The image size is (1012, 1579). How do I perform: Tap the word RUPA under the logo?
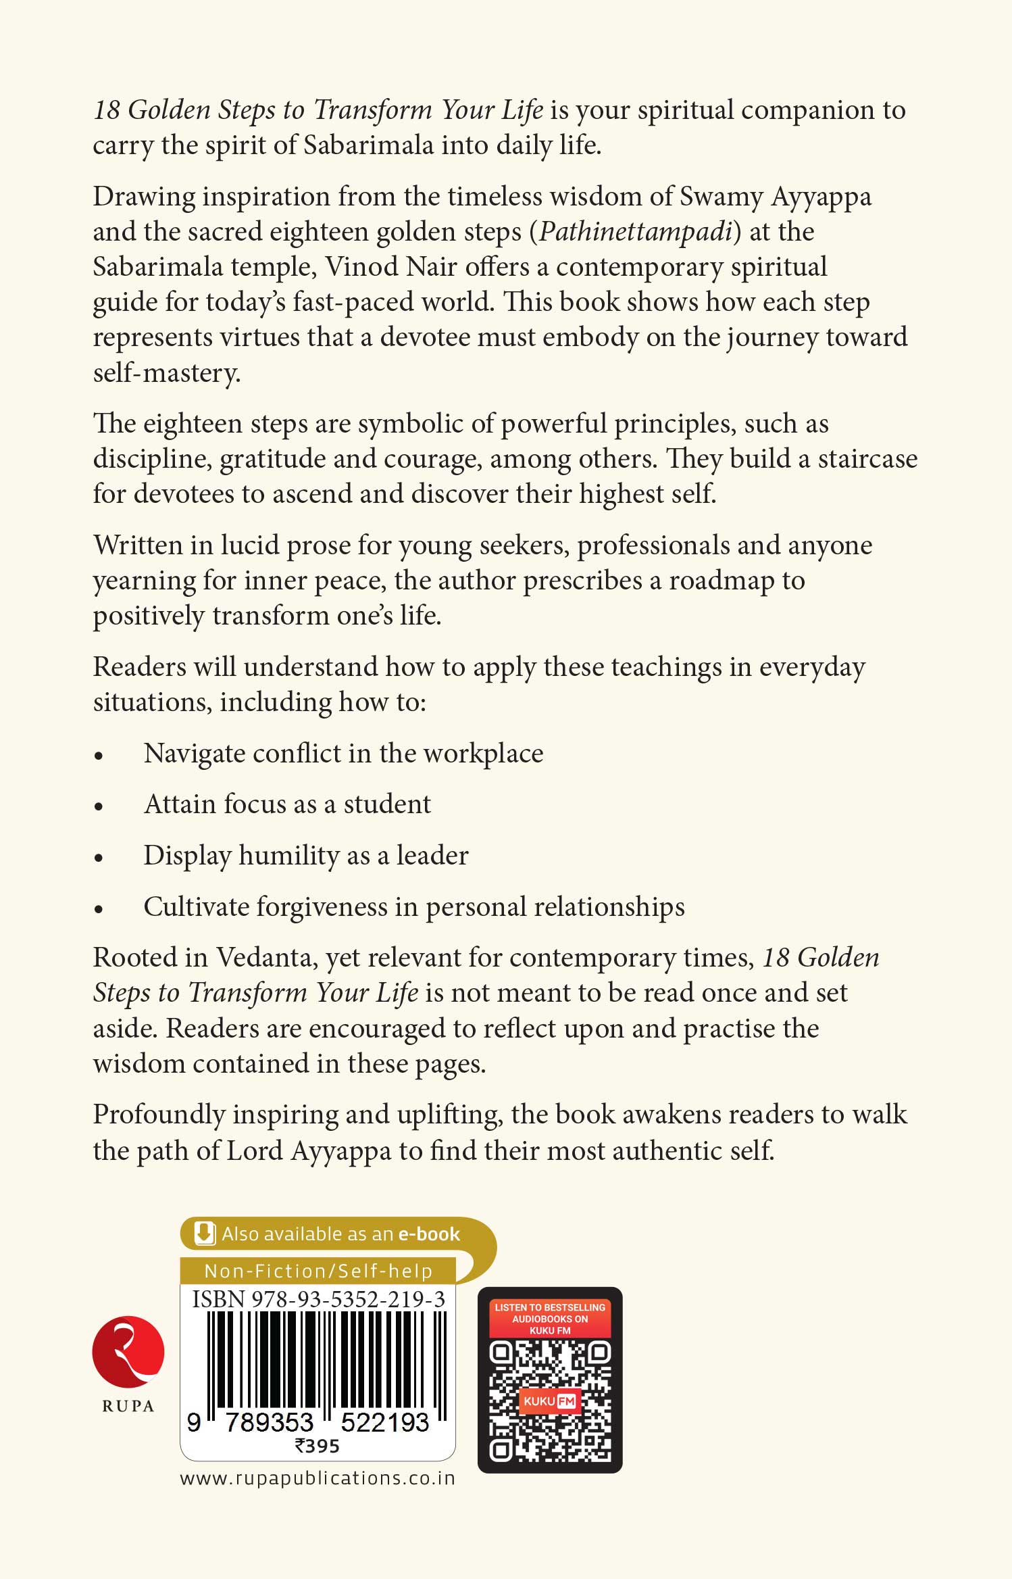tap(128, 1407)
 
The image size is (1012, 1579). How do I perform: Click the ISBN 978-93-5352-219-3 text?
tap(318, 1299)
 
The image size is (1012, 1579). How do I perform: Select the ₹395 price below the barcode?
tap(317, 1446)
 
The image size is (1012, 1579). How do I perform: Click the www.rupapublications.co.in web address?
tap(318, 1478)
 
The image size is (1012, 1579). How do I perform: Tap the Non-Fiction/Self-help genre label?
tap(318, 1271)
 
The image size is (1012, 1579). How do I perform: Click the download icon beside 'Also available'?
tap(204, 1234)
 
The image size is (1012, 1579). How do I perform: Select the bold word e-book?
tap(429, 1234)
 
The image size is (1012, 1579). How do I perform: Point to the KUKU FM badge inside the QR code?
tap(549, 1401)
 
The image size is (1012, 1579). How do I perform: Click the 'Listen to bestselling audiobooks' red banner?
tap(550, 1319)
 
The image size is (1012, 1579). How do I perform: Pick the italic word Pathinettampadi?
tap(636, 231)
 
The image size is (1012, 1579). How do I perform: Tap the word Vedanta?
tap(263, 957)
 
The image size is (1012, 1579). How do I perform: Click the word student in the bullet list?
tap(387, 804)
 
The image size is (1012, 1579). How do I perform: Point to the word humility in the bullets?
tap(288, 855)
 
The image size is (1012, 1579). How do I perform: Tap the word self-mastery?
tap(166, 372)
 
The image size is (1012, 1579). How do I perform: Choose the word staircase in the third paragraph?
tap(867, 458)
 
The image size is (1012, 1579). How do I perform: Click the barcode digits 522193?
tap(384, 1422)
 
